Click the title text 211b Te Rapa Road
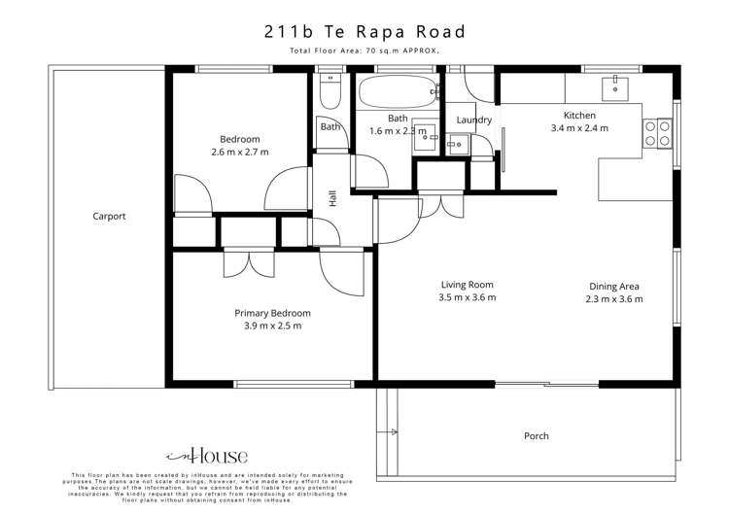pyautogui.click(x=364, y=31)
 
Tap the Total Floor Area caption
pyautogui.click(x=364, y=51)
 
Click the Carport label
pyautogui.click(x=109, y=217)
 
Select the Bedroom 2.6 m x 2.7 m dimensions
pyautogui.click(x=240, y=153)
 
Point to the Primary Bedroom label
pyautogui.click(x=272, y=313)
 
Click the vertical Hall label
pyautogui.click(x=332, y=198)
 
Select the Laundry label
pyautogui.click(x=474, y=120)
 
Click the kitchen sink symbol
pyautogui.click(x=615, y=88)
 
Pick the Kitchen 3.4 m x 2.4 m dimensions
pyautogui.click(x=579, y=127)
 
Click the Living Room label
pyautogui.click(x=466, y=285)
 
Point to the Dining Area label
pyautogui.click(x=614, y=286)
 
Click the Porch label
pyautogui.click(x=537, y=436)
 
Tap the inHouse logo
pyautogui.click(x=207, y=455)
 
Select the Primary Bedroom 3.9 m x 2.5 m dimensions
pyautogui.click(x=272, y=326)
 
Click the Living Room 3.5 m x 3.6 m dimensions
pyautogui.click(x=466, y=298)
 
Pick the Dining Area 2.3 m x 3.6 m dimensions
pyautogui.click(x=614, y=299)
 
